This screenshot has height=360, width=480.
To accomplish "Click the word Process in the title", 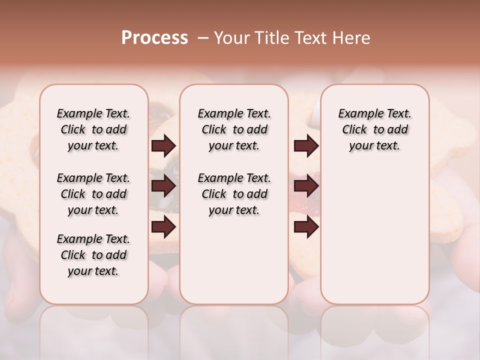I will (x=154, y=38).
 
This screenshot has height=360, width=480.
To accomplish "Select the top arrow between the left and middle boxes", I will (x=163, y=146).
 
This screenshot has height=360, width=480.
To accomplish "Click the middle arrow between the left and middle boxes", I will (x=163, y=186).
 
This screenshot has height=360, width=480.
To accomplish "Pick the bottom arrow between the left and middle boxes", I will (x=163, y=227).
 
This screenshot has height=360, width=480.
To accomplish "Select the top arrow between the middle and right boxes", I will (x=306, y=146).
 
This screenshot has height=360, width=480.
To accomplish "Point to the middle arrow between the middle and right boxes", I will (x=306, y=186).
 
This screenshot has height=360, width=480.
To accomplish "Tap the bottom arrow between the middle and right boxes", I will (x=306, y=227).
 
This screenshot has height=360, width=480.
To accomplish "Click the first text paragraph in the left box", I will (x=93, y=129).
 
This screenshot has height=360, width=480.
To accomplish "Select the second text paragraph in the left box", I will (x=93, y=194).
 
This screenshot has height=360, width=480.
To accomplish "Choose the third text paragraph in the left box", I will (x=93, y=255).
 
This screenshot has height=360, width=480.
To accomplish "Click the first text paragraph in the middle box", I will (x=234, y=129).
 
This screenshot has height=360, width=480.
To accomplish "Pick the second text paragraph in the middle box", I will (x=234, y=194).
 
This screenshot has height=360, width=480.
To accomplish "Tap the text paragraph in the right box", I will (x=374, y=129).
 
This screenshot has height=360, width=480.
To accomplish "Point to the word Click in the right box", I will (x=354, y=130).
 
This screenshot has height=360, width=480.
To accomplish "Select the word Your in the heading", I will (x=230, y=38).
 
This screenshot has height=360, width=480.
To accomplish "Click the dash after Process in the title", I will (x=203, y=38).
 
